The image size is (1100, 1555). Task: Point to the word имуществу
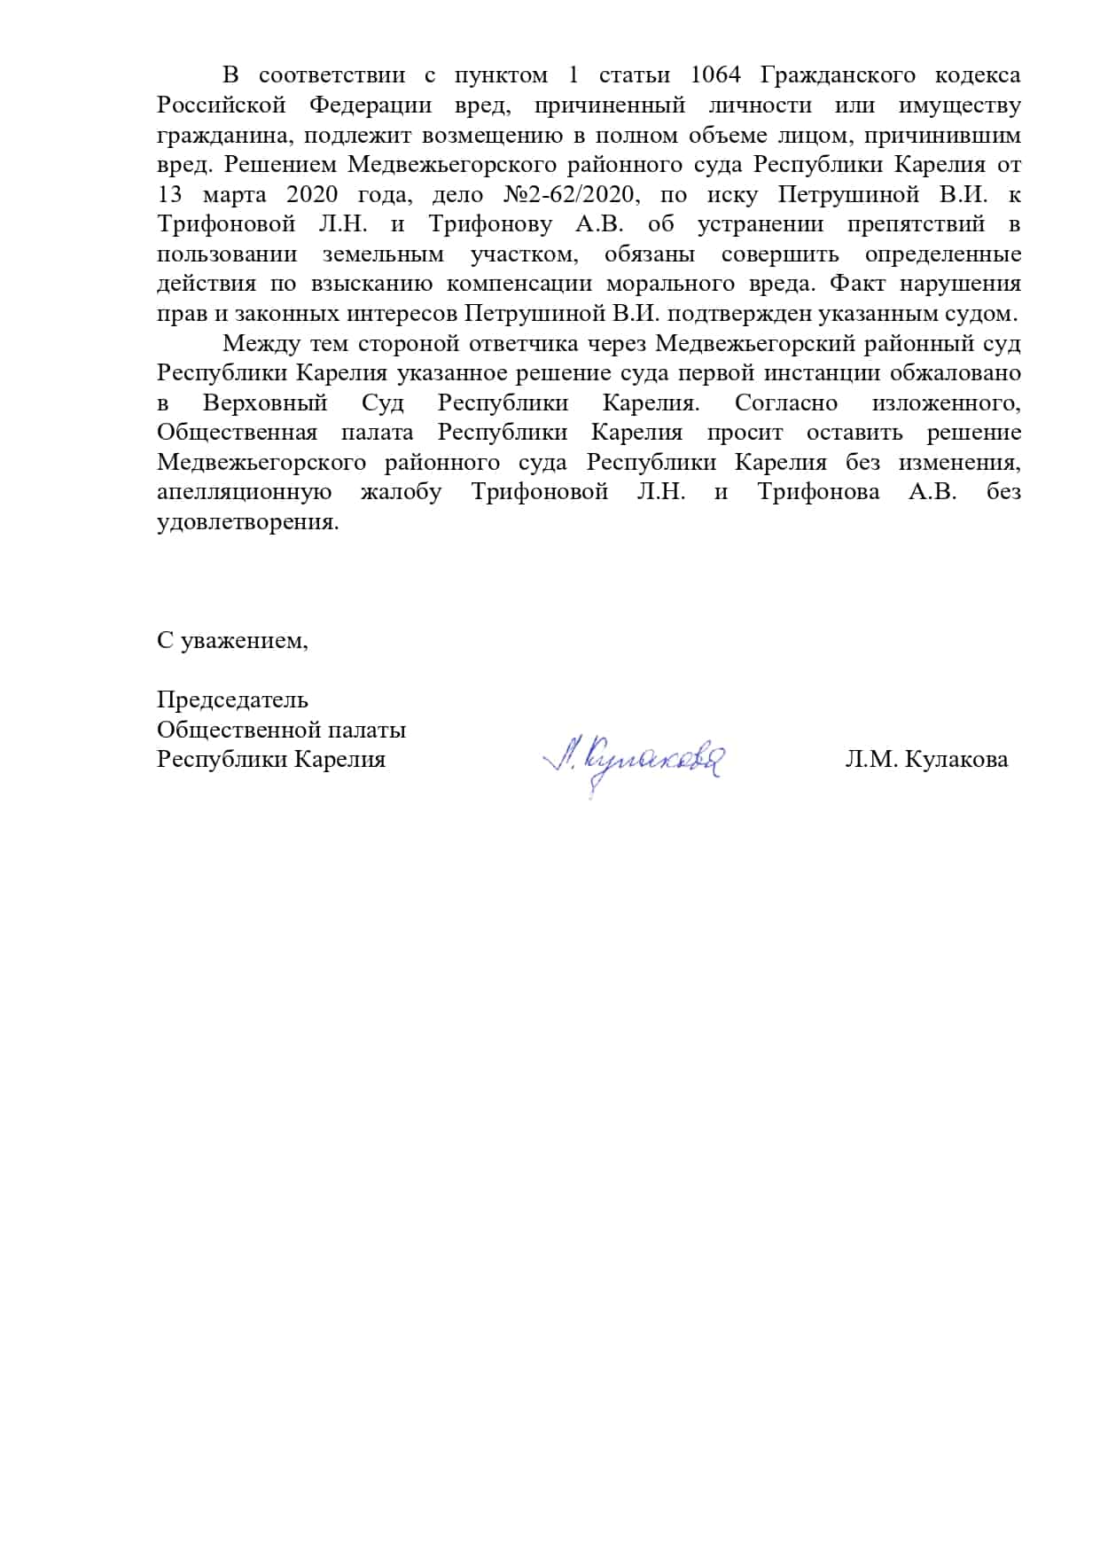tap(959, 105)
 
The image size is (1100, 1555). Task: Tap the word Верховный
tap(265, 403)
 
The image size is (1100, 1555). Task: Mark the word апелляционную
tap(245, 492)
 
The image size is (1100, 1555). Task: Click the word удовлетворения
tap(247, 522)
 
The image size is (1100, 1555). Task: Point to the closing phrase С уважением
tap(232, 640)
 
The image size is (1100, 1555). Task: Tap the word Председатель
tap(232, 699)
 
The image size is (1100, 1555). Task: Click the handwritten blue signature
tap(633, 761)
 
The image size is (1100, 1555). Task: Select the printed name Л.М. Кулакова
tap(926, 760)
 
